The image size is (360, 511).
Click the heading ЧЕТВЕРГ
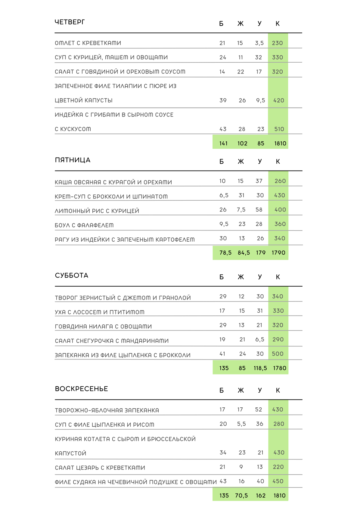pos(70,22)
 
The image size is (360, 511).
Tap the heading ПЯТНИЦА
pos(73,160)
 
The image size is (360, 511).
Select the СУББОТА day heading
pos(72,275)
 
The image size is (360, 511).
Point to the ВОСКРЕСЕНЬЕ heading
pos(81,389)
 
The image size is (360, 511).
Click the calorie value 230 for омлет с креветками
pos(277,43)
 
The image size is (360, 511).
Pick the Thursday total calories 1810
pos(280,143)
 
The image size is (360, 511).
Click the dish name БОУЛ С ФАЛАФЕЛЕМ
pos(84,225)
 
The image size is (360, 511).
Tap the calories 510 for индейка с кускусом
pos(279,129)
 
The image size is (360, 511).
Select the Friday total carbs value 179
pos(261,252)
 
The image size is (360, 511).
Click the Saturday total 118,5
pos(260,368)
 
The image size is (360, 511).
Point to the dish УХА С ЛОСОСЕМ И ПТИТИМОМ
pos(100,312)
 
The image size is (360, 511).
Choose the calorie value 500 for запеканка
pos(278,354)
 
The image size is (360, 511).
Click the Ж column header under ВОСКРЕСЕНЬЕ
pos(241,390)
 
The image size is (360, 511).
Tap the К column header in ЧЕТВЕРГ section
pos(278,24)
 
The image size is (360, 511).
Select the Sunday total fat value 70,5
pos(241,495)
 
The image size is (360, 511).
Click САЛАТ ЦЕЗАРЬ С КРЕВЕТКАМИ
pos(100,468)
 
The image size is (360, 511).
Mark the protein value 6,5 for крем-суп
pos(224,195)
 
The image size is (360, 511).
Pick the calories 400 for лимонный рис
pos(280,210)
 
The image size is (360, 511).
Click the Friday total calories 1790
pos(278,252)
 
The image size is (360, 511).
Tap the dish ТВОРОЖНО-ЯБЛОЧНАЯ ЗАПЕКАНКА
pos(107,410)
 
